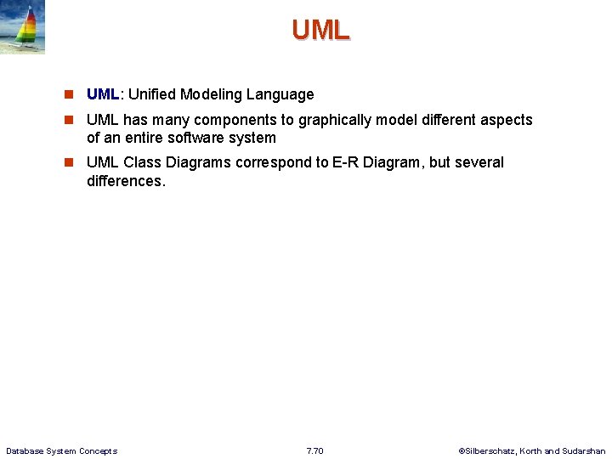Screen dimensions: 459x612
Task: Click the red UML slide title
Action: click(x=320, y=30)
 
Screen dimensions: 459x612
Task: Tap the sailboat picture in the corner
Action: click(x=23, y=27)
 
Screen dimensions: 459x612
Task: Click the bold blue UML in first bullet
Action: click(x=102, y=94)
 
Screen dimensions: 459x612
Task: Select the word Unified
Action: click(x=152, y=94)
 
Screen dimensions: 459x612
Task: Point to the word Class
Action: click(x=142, y=162)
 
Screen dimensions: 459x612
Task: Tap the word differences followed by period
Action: click(x=125, y=181)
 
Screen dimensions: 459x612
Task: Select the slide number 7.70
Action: click(x=314, y=450)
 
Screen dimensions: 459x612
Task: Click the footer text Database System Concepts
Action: click(x=61, y=450)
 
